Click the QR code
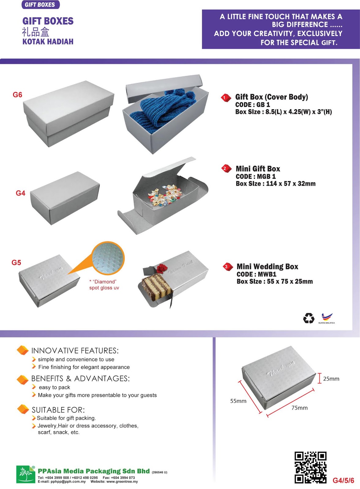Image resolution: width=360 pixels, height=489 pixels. coord(310,467)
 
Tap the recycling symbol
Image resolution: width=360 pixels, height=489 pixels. coord(309,318)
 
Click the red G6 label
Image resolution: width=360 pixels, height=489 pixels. coord(17,95)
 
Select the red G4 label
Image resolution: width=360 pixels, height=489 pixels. coord(20,193)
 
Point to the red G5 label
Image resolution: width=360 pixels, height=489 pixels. coord(16,263)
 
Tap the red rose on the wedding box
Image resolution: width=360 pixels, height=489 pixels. coord(162,268)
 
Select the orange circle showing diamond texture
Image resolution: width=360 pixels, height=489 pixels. coord(108,259)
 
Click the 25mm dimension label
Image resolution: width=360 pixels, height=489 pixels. coord(331,379)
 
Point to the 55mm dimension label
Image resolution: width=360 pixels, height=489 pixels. coord(238,401)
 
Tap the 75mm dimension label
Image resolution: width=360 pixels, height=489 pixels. coord(299,408)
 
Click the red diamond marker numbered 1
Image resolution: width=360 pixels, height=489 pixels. coord(226,98)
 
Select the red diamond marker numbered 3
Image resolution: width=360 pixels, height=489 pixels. coord(226,267)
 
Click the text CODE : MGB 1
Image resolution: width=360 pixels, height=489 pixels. coord(256,176)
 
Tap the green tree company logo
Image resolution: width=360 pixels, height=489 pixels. coord(25,474)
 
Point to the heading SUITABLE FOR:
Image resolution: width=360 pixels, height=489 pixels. coord(58,410)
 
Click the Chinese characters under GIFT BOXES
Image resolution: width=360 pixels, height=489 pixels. coord(35,32)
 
